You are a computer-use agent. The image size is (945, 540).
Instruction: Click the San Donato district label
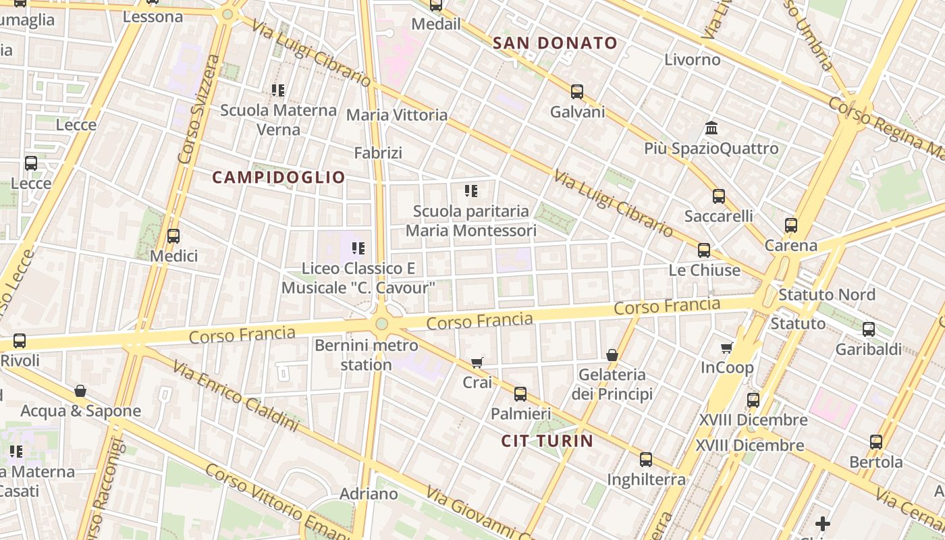point(555,43)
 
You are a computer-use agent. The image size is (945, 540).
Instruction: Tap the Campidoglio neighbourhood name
point(279,178)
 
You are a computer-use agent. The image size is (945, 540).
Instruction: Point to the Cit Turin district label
point(547,441)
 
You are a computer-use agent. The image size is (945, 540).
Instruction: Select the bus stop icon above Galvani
point(576,92)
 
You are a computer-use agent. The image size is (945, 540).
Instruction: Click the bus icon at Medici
point(173,236)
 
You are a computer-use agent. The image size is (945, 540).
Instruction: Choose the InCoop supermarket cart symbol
point(727,348)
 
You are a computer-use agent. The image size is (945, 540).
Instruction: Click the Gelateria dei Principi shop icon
point(612,355)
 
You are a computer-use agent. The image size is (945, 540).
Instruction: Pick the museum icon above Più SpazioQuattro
point(711,128)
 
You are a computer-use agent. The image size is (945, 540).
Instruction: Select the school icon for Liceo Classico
point(358,248)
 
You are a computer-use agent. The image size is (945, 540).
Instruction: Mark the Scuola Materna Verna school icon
point(278,90)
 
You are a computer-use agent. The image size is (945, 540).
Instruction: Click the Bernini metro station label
point(366,355)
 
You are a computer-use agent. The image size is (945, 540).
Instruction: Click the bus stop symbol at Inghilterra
point(646,460)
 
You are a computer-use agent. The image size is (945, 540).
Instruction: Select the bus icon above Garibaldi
point(869,329)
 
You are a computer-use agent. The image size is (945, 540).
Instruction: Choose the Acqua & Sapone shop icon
point(80,391)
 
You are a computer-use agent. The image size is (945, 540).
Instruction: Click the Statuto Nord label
point(826,295)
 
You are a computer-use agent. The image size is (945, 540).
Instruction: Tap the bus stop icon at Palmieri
point(520,394)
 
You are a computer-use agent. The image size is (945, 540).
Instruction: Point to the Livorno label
point(693,59)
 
